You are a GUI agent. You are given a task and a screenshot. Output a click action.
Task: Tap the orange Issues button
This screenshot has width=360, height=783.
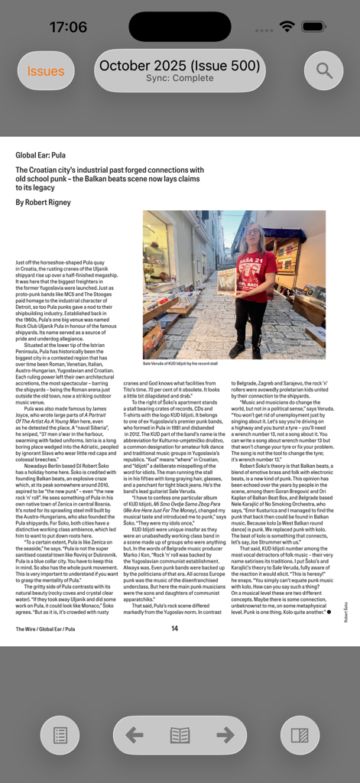pos(46,71)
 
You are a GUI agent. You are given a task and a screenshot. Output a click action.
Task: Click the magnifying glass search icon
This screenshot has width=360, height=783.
pos(324,71)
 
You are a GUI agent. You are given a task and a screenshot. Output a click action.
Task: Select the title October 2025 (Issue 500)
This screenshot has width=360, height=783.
pos(180,66)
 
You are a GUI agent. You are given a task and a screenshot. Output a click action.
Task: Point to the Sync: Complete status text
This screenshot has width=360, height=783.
pos(180,79)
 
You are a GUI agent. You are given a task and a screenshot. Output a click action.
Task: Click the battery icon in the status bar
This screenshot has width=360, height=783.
pos(313,27)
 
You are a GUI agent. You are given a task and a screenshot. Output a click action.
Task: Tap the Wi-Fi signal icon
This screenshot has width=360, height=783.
pos(287,27)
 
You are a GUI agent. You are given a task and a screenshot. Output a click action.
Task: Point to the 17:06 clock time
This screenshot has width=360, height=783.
pos(68,28)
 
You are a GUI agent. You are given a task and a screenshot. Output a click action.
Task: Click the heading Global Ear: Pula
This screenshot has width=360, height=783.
pos(41,155)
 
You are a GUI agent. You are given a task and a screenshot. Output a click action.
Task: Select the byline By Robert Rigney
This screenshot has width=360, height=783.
pos(43,203)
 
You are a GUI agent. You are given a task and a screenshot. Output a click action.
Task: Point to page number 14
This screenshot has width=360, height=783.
pos(174,629)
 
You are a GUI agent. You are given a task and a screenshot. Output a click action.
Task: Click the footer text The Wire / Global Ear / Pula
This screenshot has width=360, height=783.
pos(45,629)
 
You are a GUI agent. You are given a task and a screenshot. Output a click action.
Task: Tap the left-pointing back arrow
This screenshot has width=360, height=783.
pos(135,735)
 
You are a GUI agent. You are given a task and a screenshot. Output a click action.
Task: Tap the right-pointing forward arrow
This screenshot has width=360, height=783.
pos(225,735)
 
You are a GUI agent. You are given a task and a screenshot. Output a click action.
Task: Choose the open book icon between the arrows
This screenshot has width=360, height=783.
pos(180,735)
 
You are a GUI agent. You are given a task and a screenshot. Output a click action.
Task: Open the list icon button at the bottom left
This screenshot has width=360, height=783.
pos(60,736)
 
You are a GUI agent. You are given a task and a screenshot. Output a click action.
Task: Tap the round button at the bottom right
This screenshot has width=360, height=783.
pos(300,736)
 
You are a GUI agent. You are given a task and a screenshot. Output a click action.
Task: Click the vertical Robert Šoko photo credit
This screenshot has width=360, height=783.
pos(345,612)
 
